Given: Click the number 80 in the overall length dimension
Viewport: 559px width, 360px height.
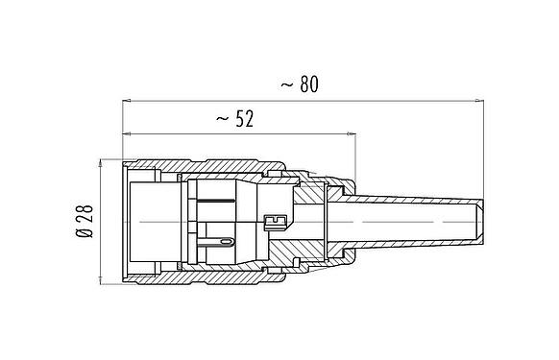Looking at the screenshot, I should click(x=308, y=84).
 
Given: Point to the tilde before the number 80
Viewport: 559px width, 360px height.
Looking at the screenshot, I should click(x=286, y=85).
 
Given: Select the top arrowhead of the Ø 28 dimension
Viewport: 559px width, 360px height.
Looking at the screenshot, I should click(x=99, y=161).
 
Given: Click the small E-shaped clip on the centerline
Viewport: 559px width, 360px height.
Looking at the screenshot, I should click(x=273, y=223).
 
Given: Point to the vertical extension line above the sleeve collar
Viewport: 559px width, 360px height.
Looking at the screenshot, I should click(x=356, y=154).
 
